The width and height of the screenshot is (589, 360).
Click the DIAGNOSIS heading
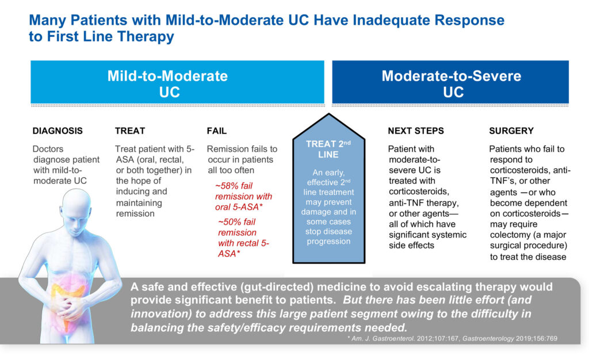[x=58, y=131]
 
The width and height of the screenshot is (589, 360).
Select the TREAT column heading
[x=130, y=131]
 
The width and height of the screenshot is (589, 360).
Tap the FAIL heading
[x=217, y=131]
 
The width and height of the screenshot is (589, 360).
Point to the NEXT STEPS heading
[x=416, y=131]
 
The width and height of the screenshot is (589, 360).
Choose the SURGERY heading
[x=511, y=131]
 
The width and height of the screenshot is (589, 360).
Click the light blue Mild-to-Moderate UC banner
[x=177, y=82]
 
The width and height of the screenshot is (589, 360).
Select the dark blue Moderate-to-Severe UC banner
[x=450, y=82]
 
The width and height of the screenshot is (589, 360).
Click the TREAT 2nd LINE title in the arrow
[x=328, y=149]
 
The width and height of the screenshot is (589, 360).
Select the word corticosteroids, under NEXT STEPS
[x=419, y=192]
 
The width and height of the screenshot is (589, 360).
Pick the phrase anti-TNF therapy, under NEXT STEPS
[x=424, y=203]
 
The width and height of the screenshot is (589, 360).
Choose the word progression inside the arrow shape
[x=328, y=242]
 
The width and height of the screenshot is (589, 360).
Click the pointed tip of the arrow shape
[x=328, y=114]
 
